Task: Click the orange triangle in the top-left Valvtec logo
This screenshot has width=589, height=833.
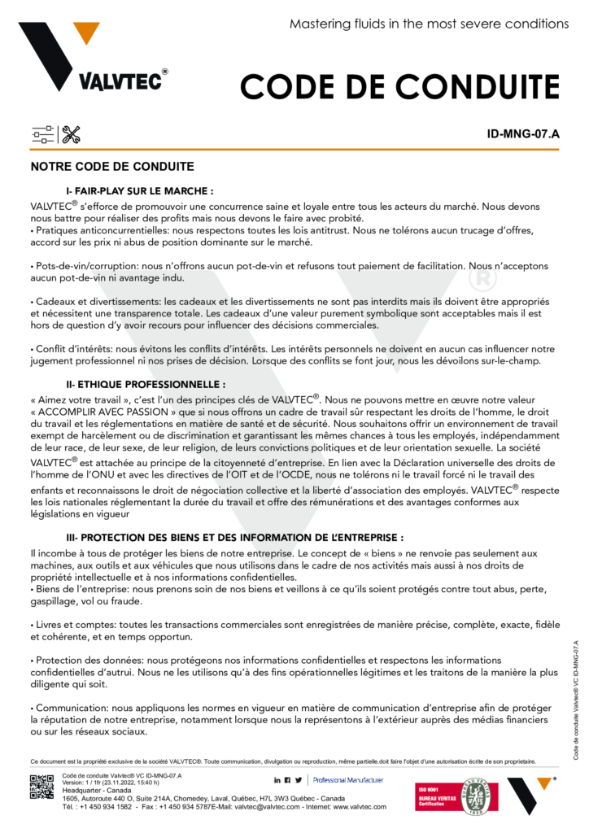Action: coord(85,33)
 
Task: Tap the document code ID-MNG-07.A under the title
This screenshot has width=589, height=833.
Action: coord(523,135)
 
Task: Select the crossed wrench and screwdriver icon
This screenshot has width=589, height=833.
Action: coord(71,135)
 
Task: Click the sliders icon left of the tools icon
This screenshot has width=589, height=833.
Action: coord(42,135)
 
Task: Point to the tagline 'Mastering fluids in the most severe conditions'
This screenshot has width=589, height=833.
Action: coord(429,24)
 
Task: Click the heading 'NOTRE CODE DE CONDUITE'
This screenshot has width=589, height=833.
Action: coord(111,167)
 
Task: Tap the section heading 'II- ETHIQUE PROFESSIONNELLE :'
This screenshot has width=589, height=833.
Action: coord(145,382)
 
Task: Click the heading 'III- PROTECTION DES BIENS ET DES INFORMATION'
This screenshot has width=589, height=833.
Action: coord(234,539)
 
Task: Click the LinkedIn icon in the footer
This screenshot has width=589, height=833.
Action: coord(277,780)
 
